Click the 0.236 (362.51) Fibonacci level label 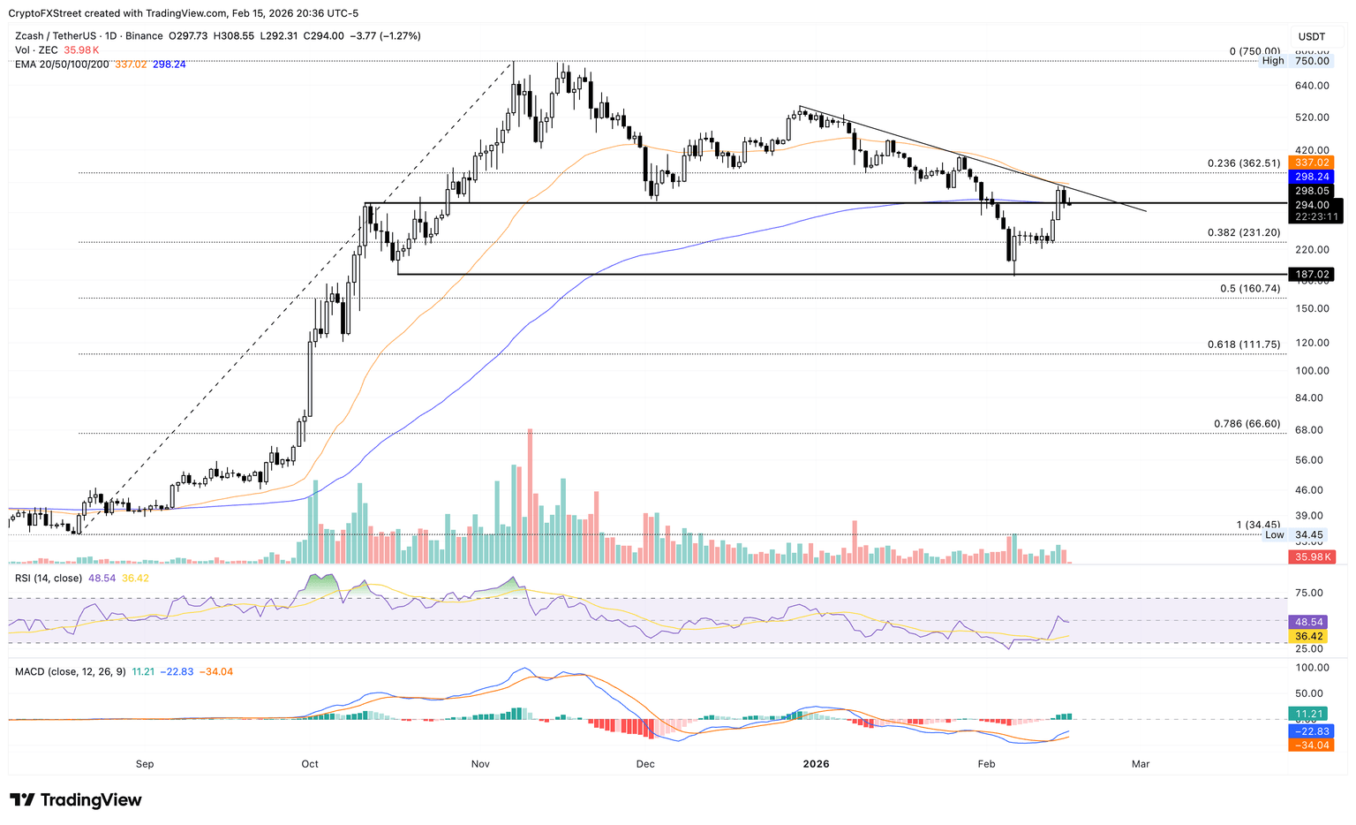pyautogui.click(x=1243, y=163)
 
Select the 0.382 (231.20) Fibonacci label pyautogui.click(x=1243, y=232)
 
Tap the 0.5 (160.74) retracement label pyautogui.click(x=1249, y=289)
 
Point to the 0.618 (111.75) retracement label pyautogui.click(x=1243, y=344)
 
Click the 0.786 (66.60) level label pyautogui.click(x=1247, y=424)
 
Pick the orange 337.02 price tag pyautogui.click(x=1311, y=163)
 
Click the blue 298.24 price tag pyautogui.click(x=1311, y=177)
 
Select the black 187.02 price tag pyautogui.click(x=1311, y=275)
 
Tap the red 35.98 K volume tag pyautogui.click(x=1311, y=556)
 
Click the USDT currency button pyautogui.click(x=1312, y=36)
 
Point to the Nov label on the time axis pyautogui.click(x=480, y=764)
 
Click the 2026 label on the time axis pyautogui.click(x=817, y=764)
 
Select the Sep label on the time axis pyautogui.click(x=145, y=764)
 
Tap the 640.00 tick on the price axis pyautogui.click(x=1311, y=86)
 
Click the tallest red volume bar pyautogui.click(x=530, y=495)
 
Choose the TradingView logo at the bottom pyautogui.click(x=76, y=800)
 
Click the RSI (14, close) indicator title pyautogui.click(x=49, y=578)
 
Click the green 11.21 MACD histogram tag pyautogui.click(x=1311, y=714)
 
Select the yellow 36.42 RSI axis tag pyautogui.click(x=1311, y=636)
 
